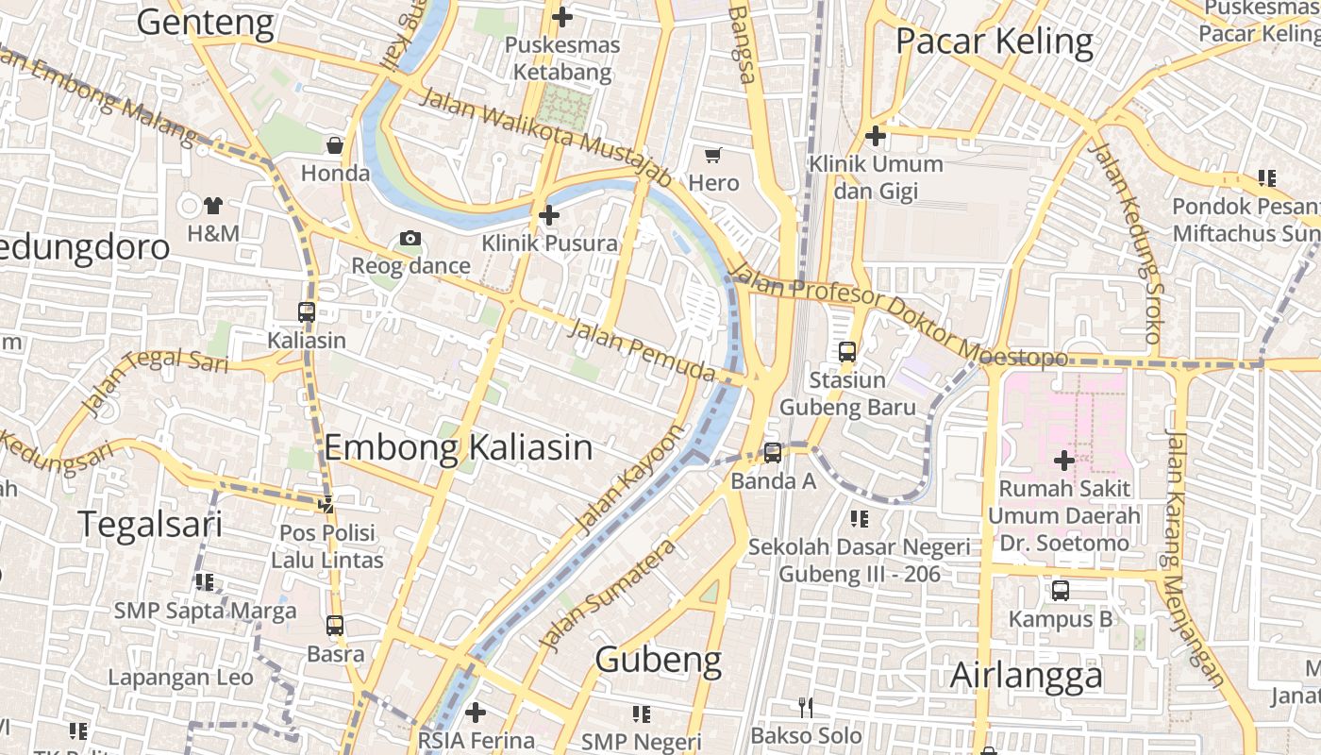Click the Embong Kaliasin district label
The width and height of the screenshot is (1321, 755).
pyautogui.click(x=459, y=446)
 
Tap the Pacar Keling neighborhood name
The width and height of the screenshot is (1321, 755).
pyautogui.click(x=995, y=42)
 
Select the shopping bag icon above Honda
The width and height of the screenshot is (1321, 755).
pyautogui.click(x=335, y=145)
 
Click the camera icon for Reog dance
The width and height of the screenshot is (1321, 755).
pyautogui.click(x=410, y=238)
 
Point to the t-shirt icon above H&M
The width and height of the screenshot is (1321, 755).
pyautogui.click(x=213, y=205)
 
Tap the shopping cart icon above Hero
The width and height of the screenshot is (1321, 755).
pyautogui.click(x=713, y=155)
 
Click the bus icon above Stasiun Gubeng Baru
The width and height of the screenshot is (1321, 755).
pyautogui.click(x=847, y=352)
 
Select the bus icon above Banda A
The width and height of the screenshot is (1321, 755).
pyautogui.click(x=773, y=453)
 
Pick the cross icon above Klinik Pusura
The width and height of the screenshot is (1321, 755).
pyautogui.click(x=549, y=215)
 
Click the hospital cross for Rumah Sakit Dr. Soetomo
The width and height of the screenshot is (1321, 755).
pyautogui.click(x=1064, y=461)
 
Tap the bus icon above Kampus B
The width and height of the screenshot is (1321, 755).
pyautogui.click(x=1061, y=591)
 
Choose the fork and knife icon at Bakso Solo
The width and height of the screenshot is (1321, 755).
pyautogui.click(x=806, y=707)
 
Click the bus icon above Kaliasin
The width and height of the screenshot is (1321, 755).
pyautogui.click(x=307, y=311)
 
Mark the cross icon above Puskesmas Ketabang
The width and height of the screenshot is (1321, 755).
pyautogui.click(x=562, y=17)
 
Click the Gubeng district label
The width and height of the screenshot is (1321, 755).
pyautogui.click(x=659, y=660)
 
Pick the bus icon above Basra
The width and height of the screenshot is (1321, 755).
pyautogui.click(x=335, y=625)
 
